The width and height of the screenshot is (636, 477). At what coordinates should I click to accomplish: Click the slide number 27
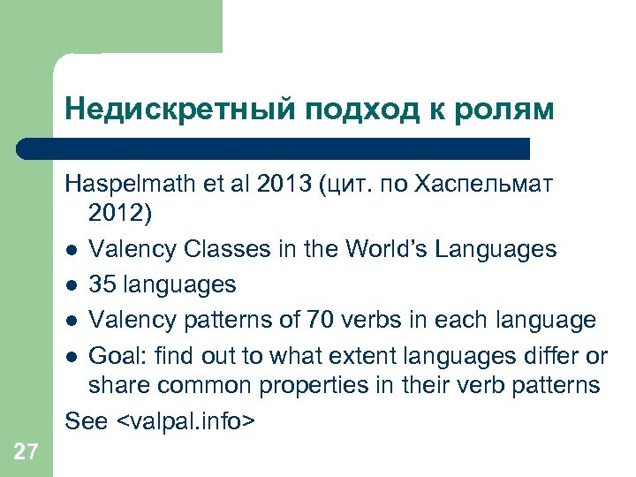[26, 453]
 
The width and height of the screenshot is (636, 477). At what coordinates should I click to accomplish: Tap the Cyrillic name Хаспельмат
[498, 186]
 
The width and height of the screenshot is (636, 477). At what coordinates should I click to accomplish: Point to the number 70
[322, 319]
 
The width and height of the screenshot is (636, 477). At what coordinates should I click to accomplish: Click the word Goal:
[117, 355]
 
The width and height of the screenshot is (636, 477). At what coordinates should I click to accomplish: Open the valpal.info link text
[186, 421]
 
